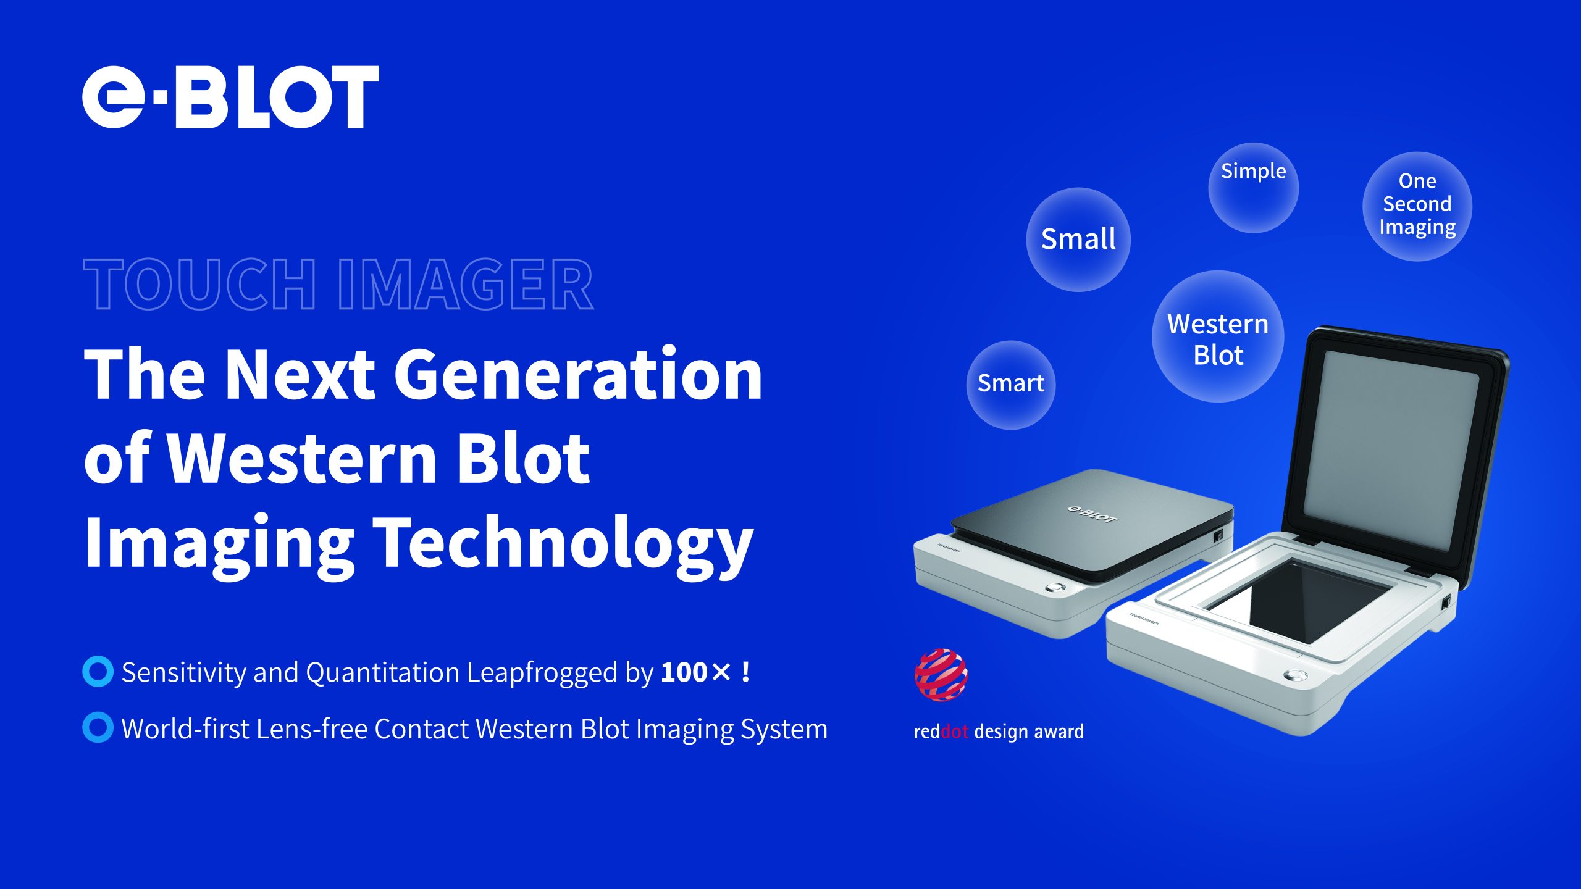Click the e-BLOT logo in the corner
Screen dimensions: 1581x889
[230, 97]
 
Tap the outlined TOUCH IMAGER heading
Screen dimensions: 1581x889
[338, 285]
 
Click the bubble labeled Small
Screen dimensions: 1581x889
[1078, 240]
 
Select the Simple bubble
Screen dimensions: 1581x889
[1253, 188]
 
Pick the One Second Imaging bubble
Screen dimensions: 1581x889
[1417, 206]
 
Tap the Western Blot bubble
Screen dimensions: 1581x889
[1218, 336]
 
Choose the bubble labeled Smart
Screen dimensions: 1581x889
[1011, 385]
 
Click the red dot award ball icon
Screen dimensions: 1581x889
[941, 675]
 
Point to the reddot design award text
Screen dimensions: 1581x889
[999, 732]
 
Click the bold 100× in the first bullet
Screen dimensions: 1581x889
[696, 672]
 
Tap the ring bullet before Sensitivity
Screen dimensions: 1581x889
[98, 671]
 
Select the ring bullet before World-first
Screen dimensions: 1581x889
[98, 727]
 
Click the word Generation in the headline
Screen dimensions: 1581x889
[578, 374]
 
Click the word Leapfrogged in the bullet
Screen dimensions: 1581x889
[542, 673]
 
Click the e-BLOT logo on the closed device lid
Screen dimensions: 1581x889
[1093, 513]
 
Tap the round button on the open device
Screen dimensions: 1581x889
[1296, 675]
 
